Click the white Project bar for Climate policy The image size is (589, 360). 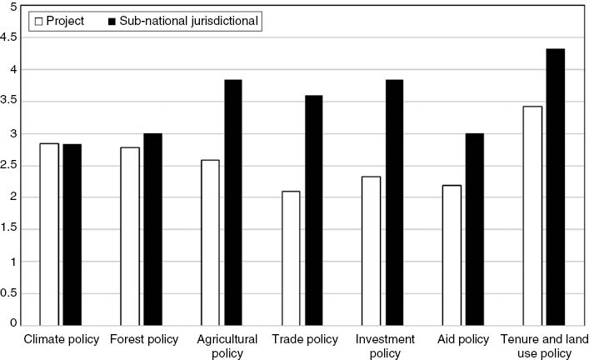pyautogui.click(x=49, y=234)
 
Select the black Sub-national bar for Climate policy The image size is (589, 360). pyautogui.click(x=72, y=234)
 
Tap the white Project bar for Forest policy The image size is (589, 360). pyautogui.click(x=129, y=236)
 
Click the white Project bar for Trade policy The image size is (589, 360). pyautogui.click(x=291, y=257)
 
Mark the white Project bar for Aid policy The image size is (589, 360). pyautogui.click(x=451, y=255)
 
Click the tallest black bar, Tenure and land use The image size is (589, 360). pyautogui.click(x=555, y=187)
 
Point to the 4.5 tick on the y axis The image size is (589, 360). pyautogui.click(x=10, y=37)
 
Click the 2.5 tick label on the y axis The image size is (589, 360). pyautogui.click(x=10, y=166)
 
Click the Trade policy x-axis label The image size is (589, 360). pyautogui.click(x=304, y=340)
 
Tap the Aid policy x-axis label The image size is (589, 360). pyautogui.click(x=462, y=340)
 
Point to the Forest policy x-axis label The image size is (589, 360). pyautogui.click(x=143, y=340)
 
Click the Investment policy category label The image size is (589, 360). pyautogui.click(x=384, y=346)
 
